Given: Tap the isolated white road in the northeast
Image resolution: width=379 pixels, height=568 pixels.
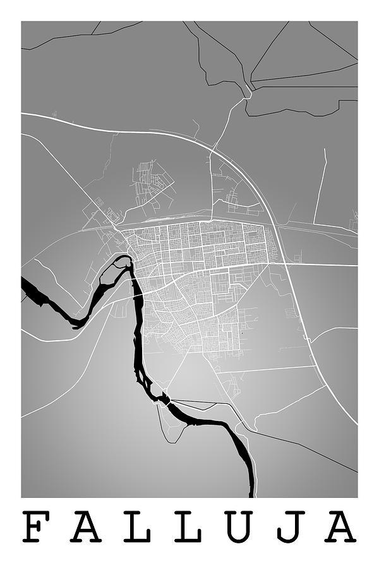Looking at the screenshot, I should (x=320, y=186).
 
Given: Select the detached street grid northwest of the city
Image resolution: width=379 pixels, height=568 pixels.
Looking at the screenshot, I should (x=152, y=180).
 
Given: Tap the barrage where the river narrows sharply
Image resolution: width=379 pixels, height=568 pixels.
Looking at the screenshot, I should (x=165, y=399).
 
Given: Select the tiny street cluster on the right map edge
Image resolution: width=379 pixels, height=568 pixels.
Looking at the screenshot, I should (x=354, y=221).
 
